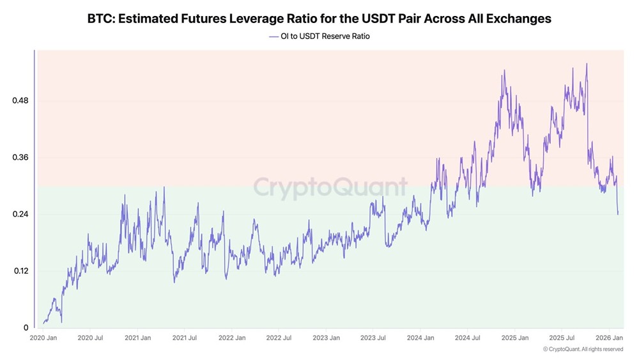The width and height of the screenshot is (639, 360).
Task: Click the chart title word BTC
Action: [x=101, y=19]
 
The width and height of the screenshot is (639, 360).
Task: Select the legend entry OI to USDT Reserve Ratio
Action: [x=325, y=36]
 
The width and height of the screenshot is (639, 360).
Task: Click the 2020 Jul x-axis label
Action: [x=90, y=338]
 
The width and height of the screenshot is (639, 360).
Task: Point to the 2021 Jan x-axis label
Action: [x=137, y=338]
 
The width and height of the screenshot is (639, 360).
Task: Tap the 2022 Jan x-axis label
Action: [x=231, y=338]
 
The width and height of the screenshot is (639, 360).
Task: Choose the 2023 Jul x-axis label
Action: [x=373, y=338]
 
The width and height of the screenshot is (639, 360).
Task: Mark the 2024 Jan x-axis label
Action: [x=420, y=338]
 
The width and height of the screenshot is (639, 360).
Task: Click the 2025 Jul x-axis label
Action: [x=562, y=338]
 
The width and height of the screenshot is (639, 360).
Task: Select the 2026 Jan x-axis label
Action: [x=610, y=338]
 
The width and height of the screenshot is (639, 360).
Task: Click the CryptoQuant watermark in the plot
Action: [x=330, y=187]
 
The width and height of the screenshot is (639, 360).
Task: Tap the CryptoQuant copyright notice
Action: [x=583, y=349]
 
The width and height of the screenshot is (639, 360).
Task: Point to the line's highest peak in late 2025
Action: [x=587, y=64]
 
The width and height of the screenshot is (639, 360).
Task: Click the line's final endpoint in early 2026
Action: [x=618, y=214]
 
